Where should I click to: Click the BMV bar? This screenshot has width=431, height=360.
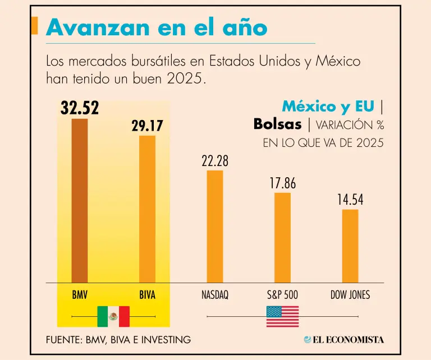[80, 201]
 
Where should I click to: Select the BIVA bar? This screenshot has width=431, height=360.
[147, 209]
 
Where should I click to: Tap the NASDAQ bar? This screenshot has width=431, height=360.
[215, 227]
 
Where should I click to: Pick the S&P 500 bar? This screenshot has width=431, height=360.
[282, 238]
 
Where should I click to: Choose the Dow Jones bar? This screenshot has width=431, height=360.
[350, 246]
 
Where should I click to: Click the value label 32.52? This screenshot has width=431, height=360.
[80, 108]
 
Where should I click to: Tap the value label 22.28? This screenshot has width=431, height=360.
[215, 161]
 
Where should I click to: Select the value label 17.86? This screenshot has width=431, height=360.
[282, 183]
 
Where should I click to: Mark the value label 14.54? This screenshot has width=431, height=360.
[350, 200]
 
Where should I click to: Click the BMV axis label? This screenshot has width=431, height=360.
[80, 294]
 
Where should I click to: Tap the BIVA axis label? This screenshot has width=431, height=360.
[147, 294]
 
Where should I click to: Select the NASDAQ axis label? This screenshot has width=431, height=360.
[215, 294]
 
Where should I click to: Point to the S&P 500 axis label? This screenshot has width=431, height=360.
[282, 294]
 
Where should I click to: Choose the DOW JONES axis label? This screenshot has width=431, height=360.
[350, 294]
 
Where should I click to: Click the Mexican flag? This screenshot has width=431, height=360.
[113, 316]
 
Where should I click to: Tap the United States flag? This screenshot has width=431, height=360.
[282, 316]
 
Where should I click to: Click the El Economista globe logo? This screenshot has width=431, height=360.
[308, 339]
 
